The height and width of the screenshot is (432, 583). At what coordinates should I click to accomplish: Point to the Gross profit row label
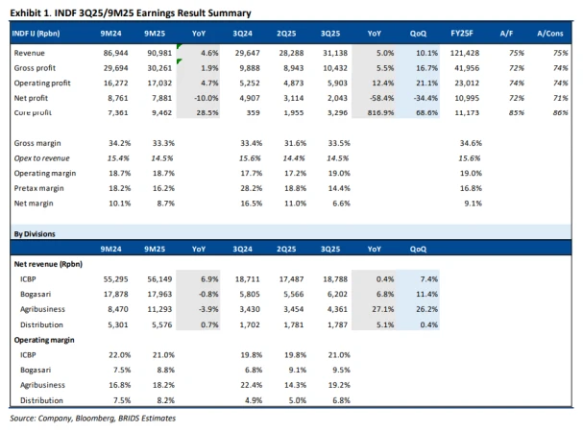click(x=38, y=68)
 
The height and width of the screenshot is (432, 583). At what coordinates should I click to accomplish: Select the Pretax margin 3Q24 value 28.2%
click(x=253, y=189)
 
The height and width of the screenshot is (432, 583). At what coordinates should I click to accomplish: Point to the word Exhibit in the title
click(x=29, y=12)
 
